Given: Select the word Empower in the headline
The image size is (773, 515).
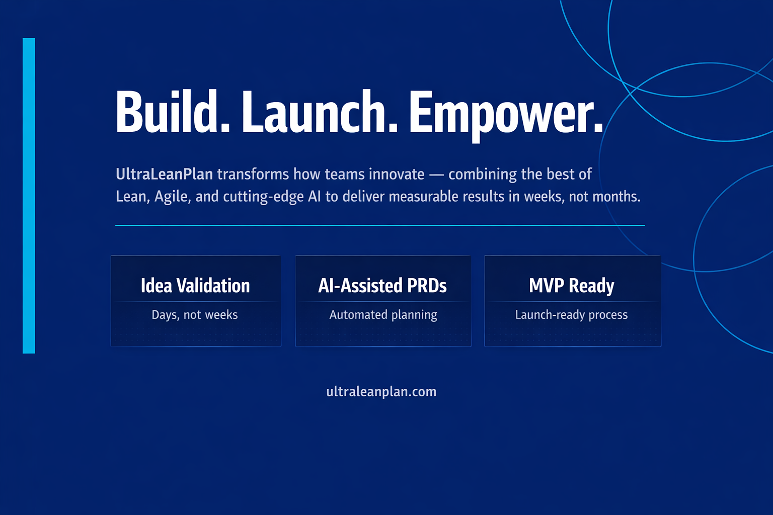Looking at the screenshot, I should click(x=505, y=113).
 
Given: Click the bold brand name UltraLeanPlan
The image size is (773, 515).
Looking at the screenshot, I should click(x=164, y=174).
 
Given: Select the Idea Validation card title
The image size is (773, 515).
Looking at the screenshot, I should click(x=195, y=286).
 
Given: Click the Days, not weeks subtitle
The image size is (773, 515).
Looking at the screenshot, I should click(x=195, y=315).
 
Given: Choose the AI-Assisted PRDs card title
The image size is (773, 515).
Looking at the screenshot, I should click(x=382, y=286).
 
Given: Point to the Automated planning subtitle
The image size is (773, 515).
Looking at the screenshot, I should click(x=383, y=315).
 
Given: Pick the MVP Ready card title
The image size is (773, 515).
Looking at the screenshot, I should click(x=572, y=286).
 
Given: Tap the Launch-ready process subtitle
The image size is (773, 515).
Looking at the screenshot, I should click(x=572, y=315).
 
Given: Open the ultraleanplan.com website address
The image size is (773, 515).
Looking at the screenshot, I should click(x=381, y=392).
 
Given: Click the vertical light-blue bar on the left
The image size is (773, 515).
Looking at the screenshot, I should click(x=29, y=196).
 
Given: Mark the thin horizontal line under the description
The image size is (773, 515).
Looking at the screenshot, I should click(x=380, y=225).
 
